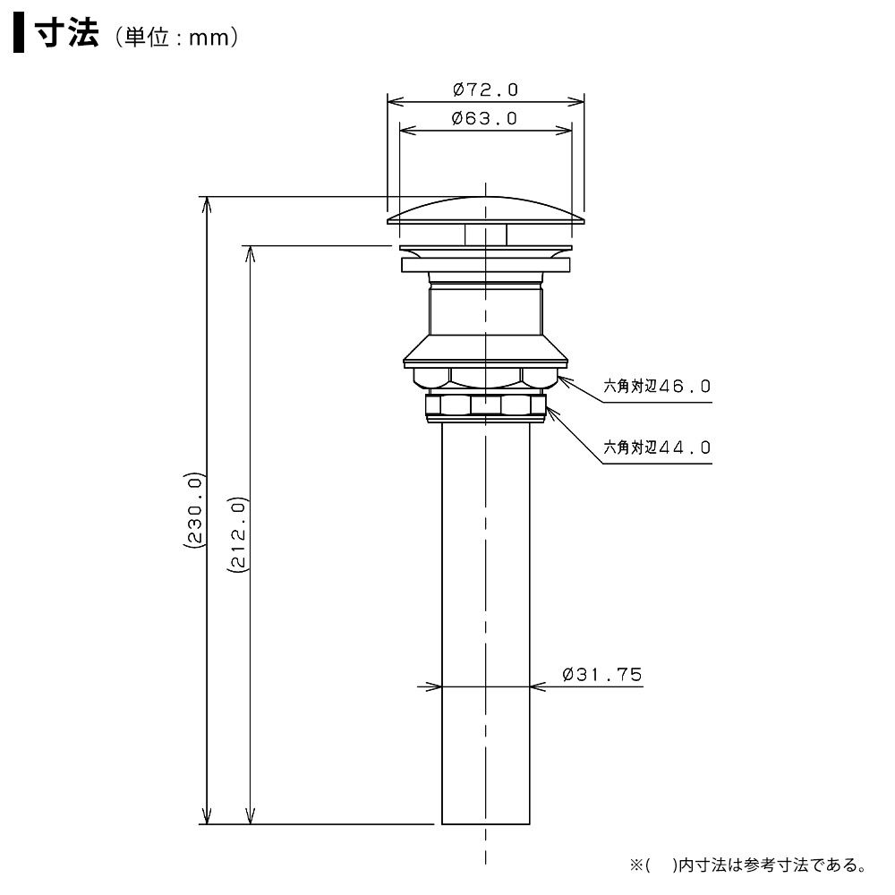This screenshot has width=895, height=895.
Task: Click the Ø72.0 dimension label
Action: [x=485, y=89]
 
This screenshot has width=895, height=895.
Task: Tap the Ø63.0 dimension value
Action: [x=484, y=118]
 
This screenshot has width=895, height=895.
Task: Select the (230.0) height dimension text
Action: [x=193, y=510]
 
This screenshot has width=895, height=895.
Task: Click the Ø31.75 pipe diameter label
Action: [x=602, y=675]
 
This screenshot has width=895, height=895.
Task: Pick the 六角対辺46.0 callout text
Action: [x=657, y=387]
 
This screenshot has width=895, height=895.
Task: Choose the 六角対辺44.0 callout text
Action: [x=657, y=447]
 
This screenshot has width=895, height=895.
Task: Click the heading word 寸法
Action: [x=67, y=33]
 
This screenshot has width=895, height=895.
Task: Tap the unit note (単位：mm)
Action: [x=176, y=38]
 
